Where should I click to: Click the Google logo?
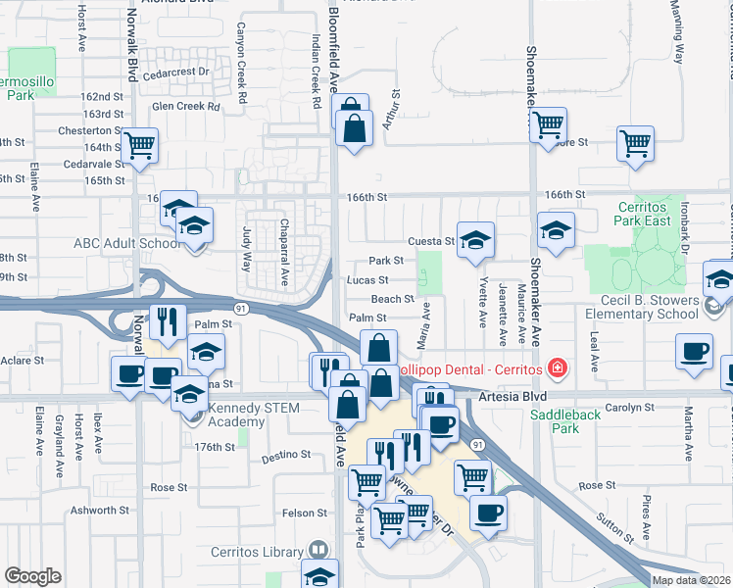(x=32, y=576)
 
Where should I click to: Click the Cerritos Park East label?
(x=643, y=214)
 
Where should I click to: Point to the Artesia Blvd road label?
(x=511, y=397)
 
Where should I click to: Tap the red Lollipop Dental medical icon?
(x=558, y=367)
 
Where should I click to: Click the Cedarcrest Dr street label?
(x=176, y=72)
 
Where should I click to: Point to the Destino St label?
(x=286, y=458)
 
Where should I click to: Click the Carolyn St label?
(x=629, y=407)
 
